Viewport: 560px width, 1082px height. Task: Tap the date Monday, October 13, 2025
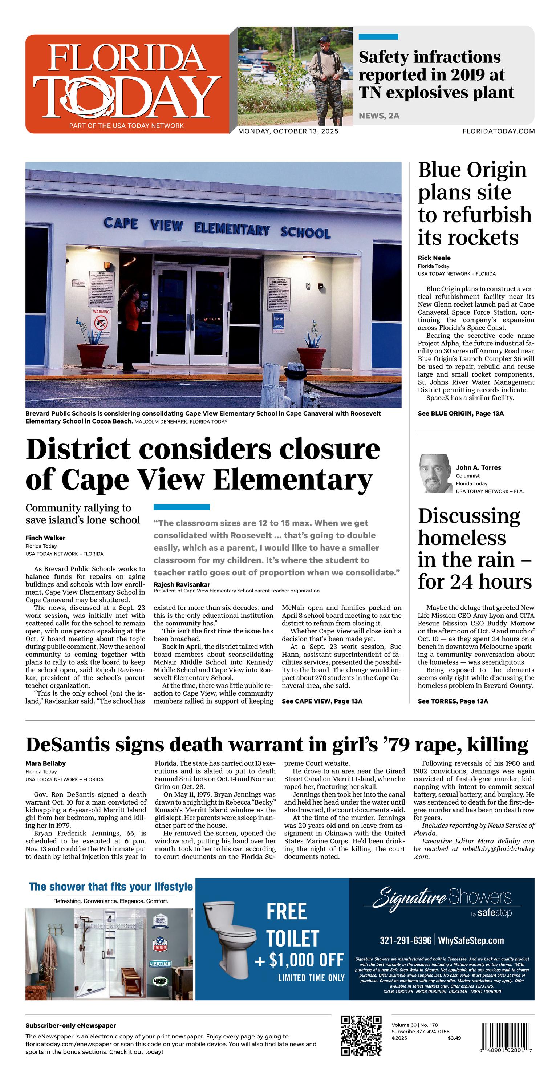pyautogui.click(x=288, y=131)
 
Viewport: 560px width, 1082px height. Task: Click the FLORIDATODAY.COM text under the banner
pyautogui.click(x=499, y=131)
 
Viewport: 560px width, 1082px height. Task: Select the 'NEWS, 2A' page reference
pyautogui.click(x=379, y=116)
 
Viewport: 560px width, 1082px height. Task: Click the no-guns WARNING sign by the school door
pyautogui.click(x=101, y=321)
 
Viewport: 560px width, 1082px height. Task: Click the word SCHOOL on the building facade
pyautogui.click(x=305, y=233)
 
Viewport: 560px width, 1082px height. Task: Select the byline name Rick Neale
pyautogui.click(x=434, y=258)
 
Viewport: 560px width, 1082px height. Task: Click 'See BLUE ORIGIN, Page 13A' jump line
pyautogui.click(x=460, y=413)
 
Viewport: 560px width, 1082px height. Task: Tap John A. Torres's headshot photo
pyautogui.click(x=435, y=473)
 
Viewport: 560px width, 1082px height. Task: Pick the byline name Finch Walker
pyautogui.click(x=45, y=538)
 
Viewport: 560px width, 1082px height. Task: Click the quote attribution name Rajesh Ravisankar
pyautogui.click(x=182, y=584)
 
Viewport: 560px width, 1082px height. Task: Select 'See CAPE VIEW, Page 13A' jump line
pyautogui.click(x=322, y=701)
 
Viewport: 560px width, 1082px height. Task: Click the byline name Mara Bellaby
pyautogui.click(x=45, y=763)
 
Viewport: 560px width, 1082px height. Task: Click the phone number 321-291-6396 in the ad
pyautogui.click(x=405, y=940)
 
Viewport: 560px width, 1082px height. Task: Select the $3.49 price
pyautogui.click(x=454, y=1038)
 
